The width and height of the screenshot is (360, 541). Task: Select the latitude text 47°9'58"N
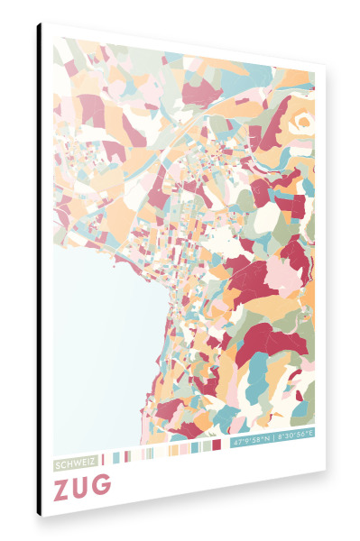click(x=252, y=443)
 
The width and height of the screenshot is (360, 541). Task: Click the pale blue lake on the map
click(x=99, y=343)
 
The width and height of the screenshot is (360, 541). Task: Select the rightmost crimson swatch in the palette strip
click(x=217, y=445)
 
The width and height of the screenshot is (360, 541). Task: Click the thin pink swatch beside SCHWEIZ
click(x=103, y=459)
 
